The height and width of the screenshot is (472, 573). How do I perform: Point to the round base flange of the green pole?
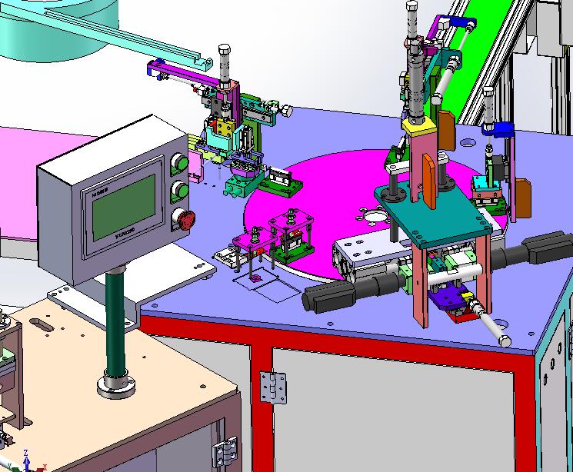116,382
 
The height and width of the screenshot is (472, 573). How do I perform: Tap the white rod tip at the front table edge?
505,339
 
